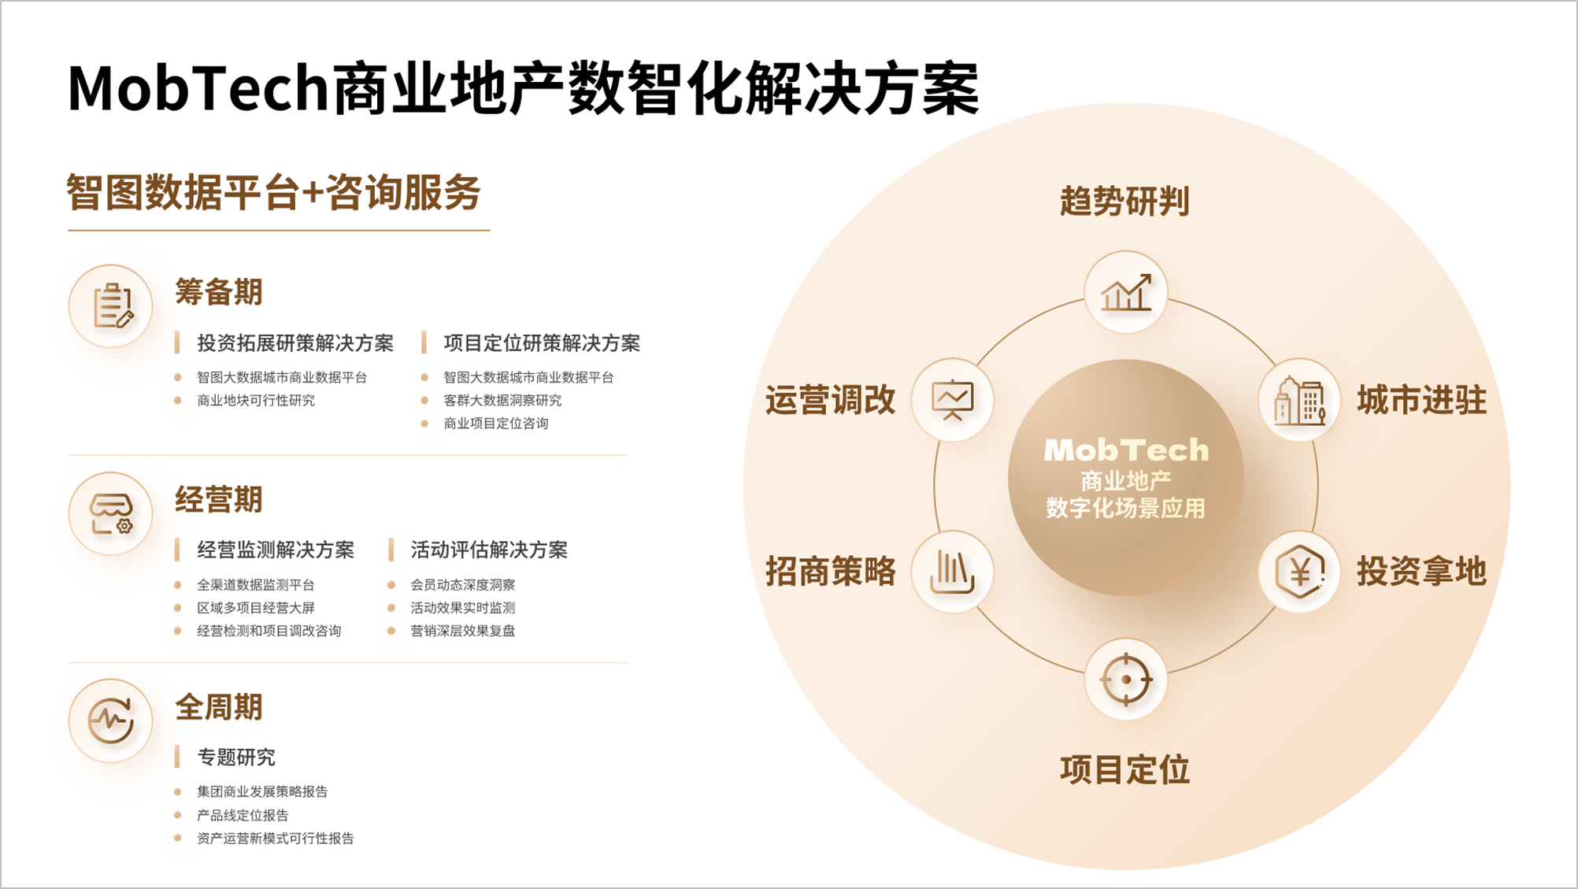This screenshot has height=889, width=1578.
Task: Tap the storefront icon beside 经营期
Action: tap(111, 513)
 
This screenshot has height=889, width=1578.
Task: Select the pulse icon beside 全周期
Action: tap(110, 720)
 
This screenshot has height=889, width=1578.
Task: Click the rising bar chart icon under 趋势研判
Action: tap(1126, 292)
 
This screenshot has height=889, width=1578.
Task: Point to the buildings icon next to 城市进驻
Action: tap(1299, 400)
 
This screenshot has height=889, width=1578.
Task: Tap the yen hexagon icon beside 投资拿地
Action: tap(1299, 572)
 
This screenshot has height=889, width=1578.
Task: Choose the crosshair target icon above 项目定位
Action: tap(1126, 679)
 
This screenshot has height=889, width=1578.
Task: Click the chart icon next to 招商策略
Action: tap(952, 571)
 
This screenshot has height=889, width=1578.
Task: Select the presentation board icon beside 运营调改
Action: tap(952, 400)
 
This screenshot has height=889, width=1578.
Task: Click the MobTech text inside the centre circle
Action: tap(1126, 450)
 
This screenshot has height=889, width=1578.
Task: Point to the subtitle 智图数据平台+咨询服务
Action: tap(273, 192)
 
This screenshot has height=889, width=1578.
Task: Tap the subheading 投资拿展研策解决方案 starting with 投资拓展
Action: tap(295, 343)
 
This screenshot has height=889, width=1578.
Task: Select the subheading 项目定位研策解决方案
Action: tap(542, 343)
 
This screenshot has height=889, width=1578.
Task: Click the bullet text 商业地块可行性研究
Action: tap(256, 400)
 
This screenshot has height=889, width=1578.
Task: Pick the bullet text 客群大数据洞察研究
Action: tap(502, 400)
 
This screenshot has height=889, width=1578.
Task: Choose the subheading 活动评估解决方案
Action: tap(489, 550)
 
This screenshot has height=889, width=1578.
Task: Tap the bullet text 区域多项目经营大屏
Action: tap(256, 608)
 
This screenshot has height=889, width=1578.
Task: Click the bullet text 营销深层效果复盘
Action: tap(463, 631)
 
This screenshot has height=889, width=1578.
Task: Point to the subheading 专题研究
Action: tap(236, 758)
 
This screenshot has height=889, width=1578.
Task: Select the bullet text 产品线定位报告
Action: tap(243, 815)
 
